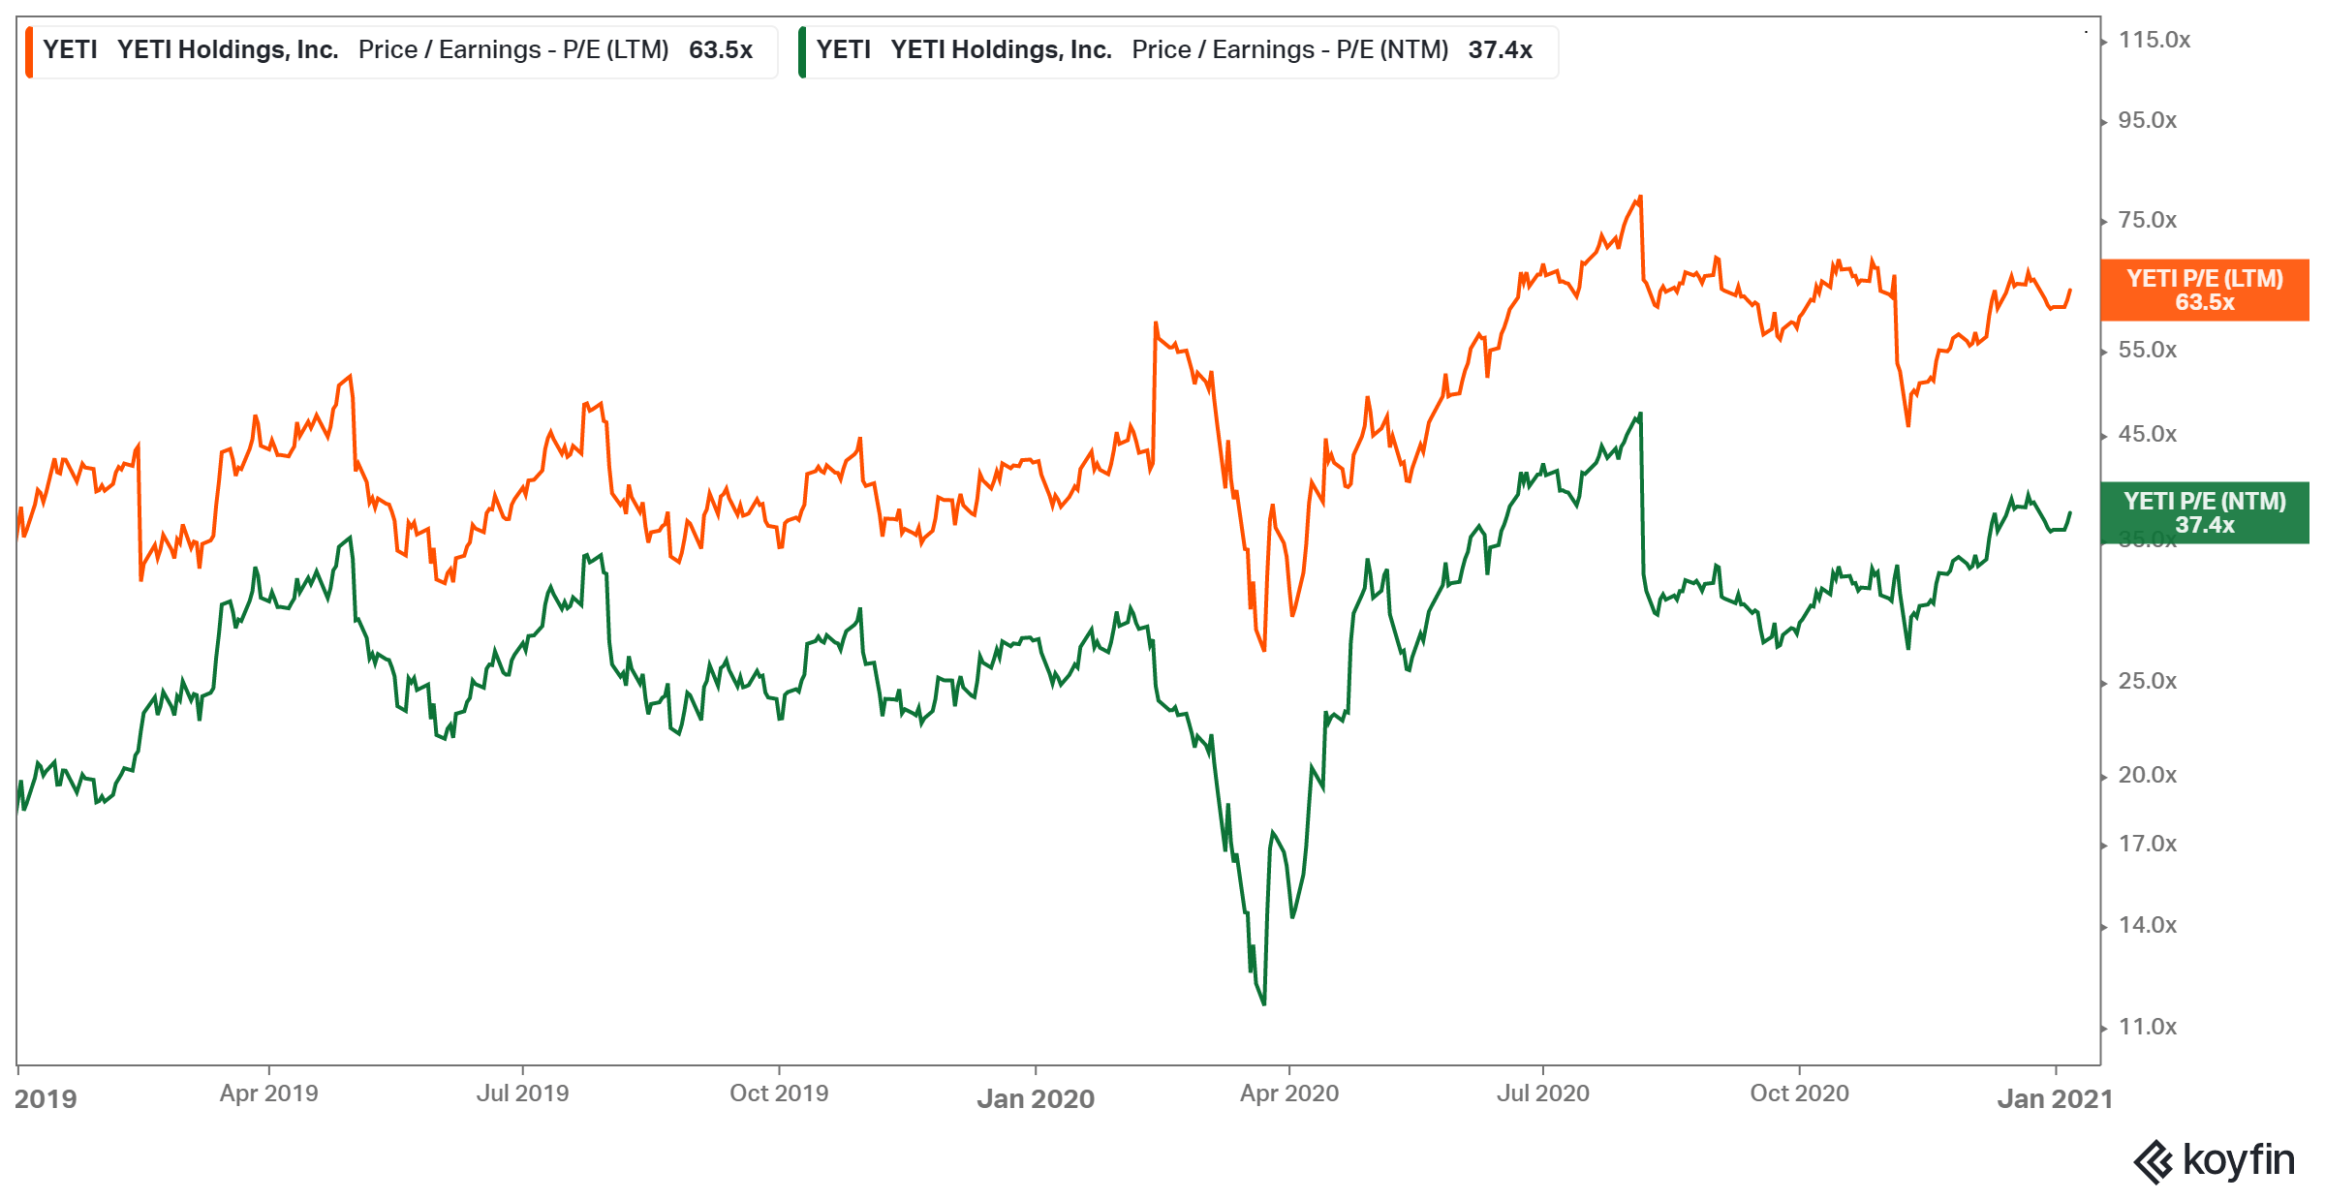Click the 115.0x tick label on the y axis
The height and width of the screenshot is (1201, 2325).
coord(2154,41)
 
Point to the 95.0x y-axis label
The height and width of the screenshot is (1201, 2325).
coord(2147,121)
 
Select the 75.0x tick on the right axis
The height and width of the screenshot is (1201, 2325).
coord(2147,221)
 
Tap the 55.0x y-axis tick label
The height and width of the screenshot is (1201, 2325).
coord(2147,351)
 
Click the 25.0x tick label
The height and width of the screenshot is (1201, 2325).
coord(2147,682)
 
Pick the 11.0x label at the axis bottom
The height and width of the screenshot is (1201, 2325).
coord(2147,1028)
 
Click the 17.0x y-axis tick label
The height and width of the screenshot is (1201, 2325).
coord(2147,845)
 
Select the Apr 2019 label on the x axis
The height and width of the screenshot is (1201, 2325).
coord(268,1093)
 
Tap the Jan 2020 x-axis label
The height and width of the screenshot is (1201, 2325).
coord(1036,1099)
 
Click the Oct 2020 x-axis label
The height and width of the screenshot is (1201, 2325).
coord(1799,1093)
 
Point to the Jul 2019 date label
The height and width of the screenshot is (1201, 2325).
coord(522,1093)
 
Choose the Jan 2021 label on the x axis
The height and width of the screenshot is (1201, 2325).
coord(2055,1099)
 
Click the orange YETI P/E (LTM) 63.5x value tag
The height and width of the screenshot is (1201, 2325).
coord(2204,291)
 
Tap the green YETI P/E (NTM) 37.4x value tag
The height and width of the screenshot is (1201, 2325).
coord(2204,513)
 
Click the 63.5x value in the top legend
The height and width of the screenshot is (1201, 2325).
coord(720,50)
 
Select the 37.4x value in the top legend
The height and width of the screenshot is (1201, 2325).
coord(1500,50)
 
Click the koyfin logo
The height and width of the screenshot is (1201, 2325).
coord(2215,1160)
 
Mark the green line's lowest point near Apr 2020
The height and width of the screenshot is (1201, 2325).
coord(1264,1004)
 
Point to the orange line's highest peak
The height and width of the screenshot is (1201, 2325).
coord(1640,197)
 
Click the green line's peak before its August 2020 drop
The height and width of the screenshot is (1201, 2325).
coord(1640,415)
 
